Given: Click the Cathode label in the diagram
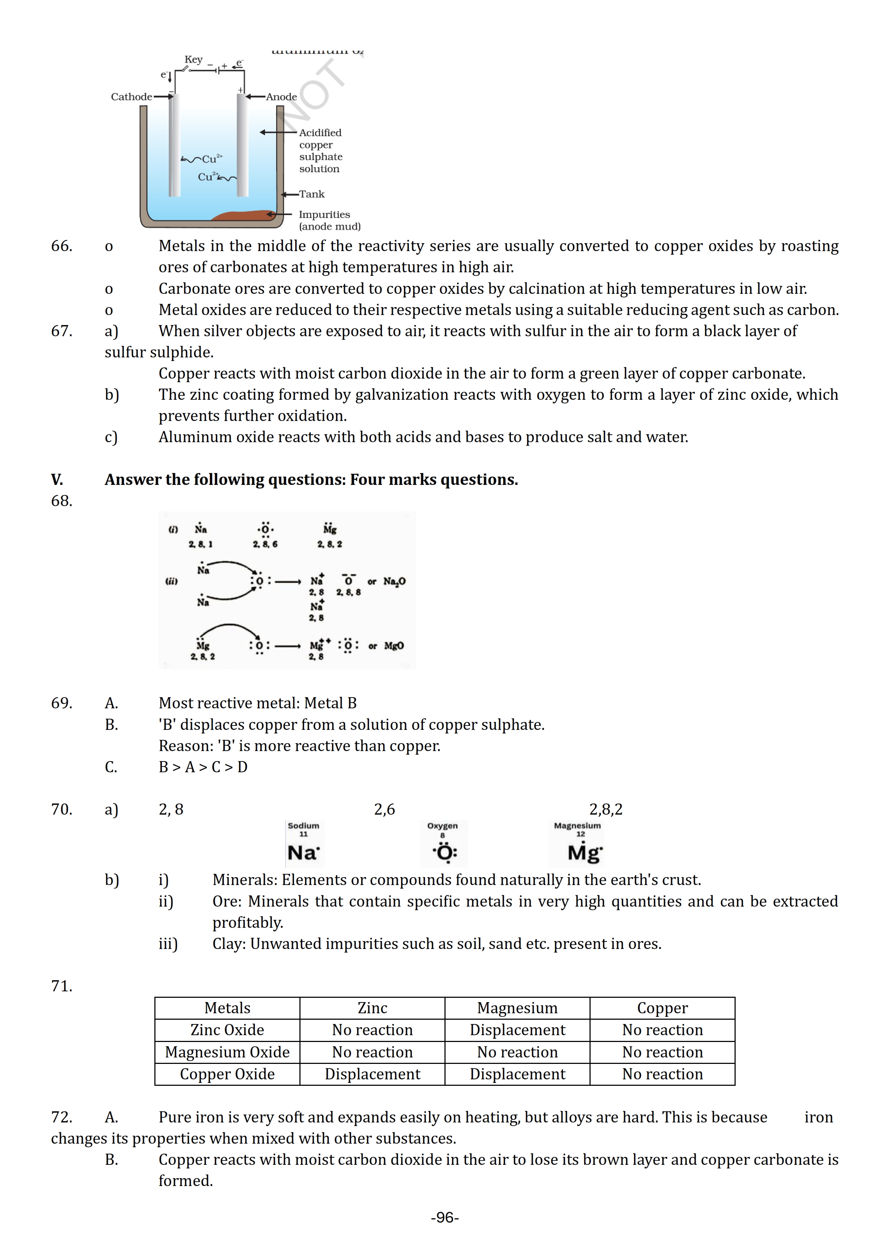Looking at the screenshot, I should (131, 97).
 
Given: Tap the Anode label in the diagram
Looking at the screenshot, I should (281, 97).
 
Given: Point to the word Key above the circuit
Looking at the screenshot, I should (194, 59).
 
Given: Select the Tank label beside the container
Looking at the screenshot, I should (312, 194).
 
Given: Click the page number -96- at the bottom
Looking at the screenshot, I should (445, 1217).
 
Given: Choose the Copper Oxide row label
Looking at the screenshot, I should (227, 1074).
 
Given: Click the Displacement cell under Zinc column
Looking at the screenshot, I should (372, 1074).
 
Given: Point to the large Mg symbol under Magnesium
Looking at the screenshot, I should (584, 852).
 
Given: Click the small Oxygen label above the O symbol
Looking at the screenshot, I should (442, 825).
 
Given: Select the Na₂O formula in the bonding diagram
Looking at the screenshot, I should (394, 581).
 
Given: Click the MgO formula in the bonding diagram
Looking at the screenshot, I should (394, 646).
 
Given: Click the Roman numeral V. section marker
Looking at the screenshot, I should (57, 480).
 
